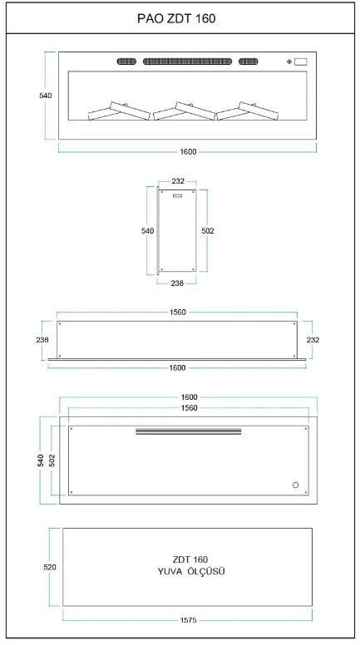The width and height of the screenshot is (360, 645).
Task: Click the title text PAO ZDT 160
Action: tap(176, 18)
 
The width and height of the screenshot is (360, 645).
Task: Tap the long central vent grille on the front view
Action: tap(187, 62)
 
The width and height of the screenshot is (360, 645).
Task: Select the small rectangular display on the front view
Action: tap(301, 62)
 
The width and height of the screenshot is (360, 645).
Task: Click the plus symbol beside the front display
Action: tap(289, 62)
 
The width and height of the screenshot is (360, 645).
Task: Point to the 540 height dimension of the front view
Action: tap(46, 96)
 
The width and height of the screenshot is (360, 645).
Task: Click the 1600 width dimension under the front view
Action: tap(188, 152)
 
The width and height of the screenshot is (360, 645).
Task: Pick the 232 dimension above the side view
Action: tap(178, 181)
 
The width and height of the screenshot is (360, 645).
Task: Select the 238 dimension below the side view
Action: tap(177, 283)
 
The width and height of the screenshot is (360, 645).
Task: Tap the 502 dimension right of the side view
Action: tap(208, 231)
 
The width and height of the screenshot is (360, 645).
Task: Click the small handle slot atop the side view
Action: tap(178, 196)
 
